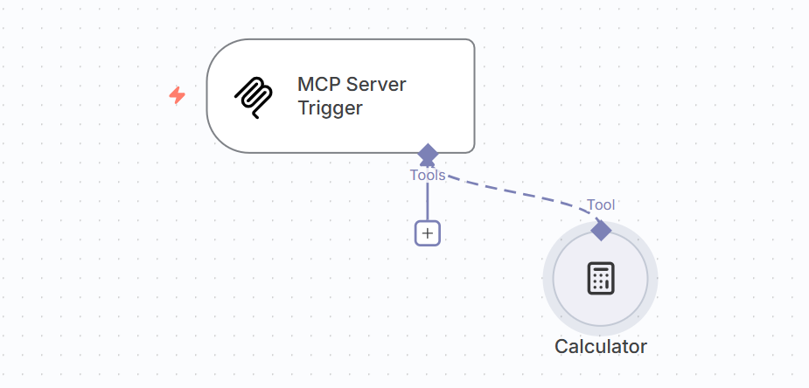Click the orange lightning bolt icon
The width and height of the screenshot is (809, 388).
point(177,95)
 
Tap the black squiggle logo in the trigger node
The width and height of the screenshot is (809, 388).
point(253,97)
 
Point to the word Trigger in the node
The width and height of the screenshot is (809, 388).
point(329,108)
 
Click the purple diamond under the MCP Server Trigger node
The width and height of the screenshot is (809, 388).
point(428,155)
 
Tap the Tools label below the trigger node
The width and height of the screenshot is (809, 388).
point(428,175)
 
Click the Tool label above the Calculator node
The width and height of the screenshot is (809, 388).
point(601,204)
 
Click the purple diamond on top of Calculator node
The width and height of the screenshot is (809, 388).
point(601,230)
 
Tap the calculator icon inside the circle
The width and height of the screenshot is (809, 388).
point(600,278)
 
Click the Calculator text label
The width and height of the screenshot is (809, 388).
point(600,346)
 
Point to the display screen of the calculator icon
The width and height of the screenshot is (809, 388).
point(600,269)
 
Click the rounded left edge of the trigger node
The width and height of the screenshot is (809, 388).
point(208,96)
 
